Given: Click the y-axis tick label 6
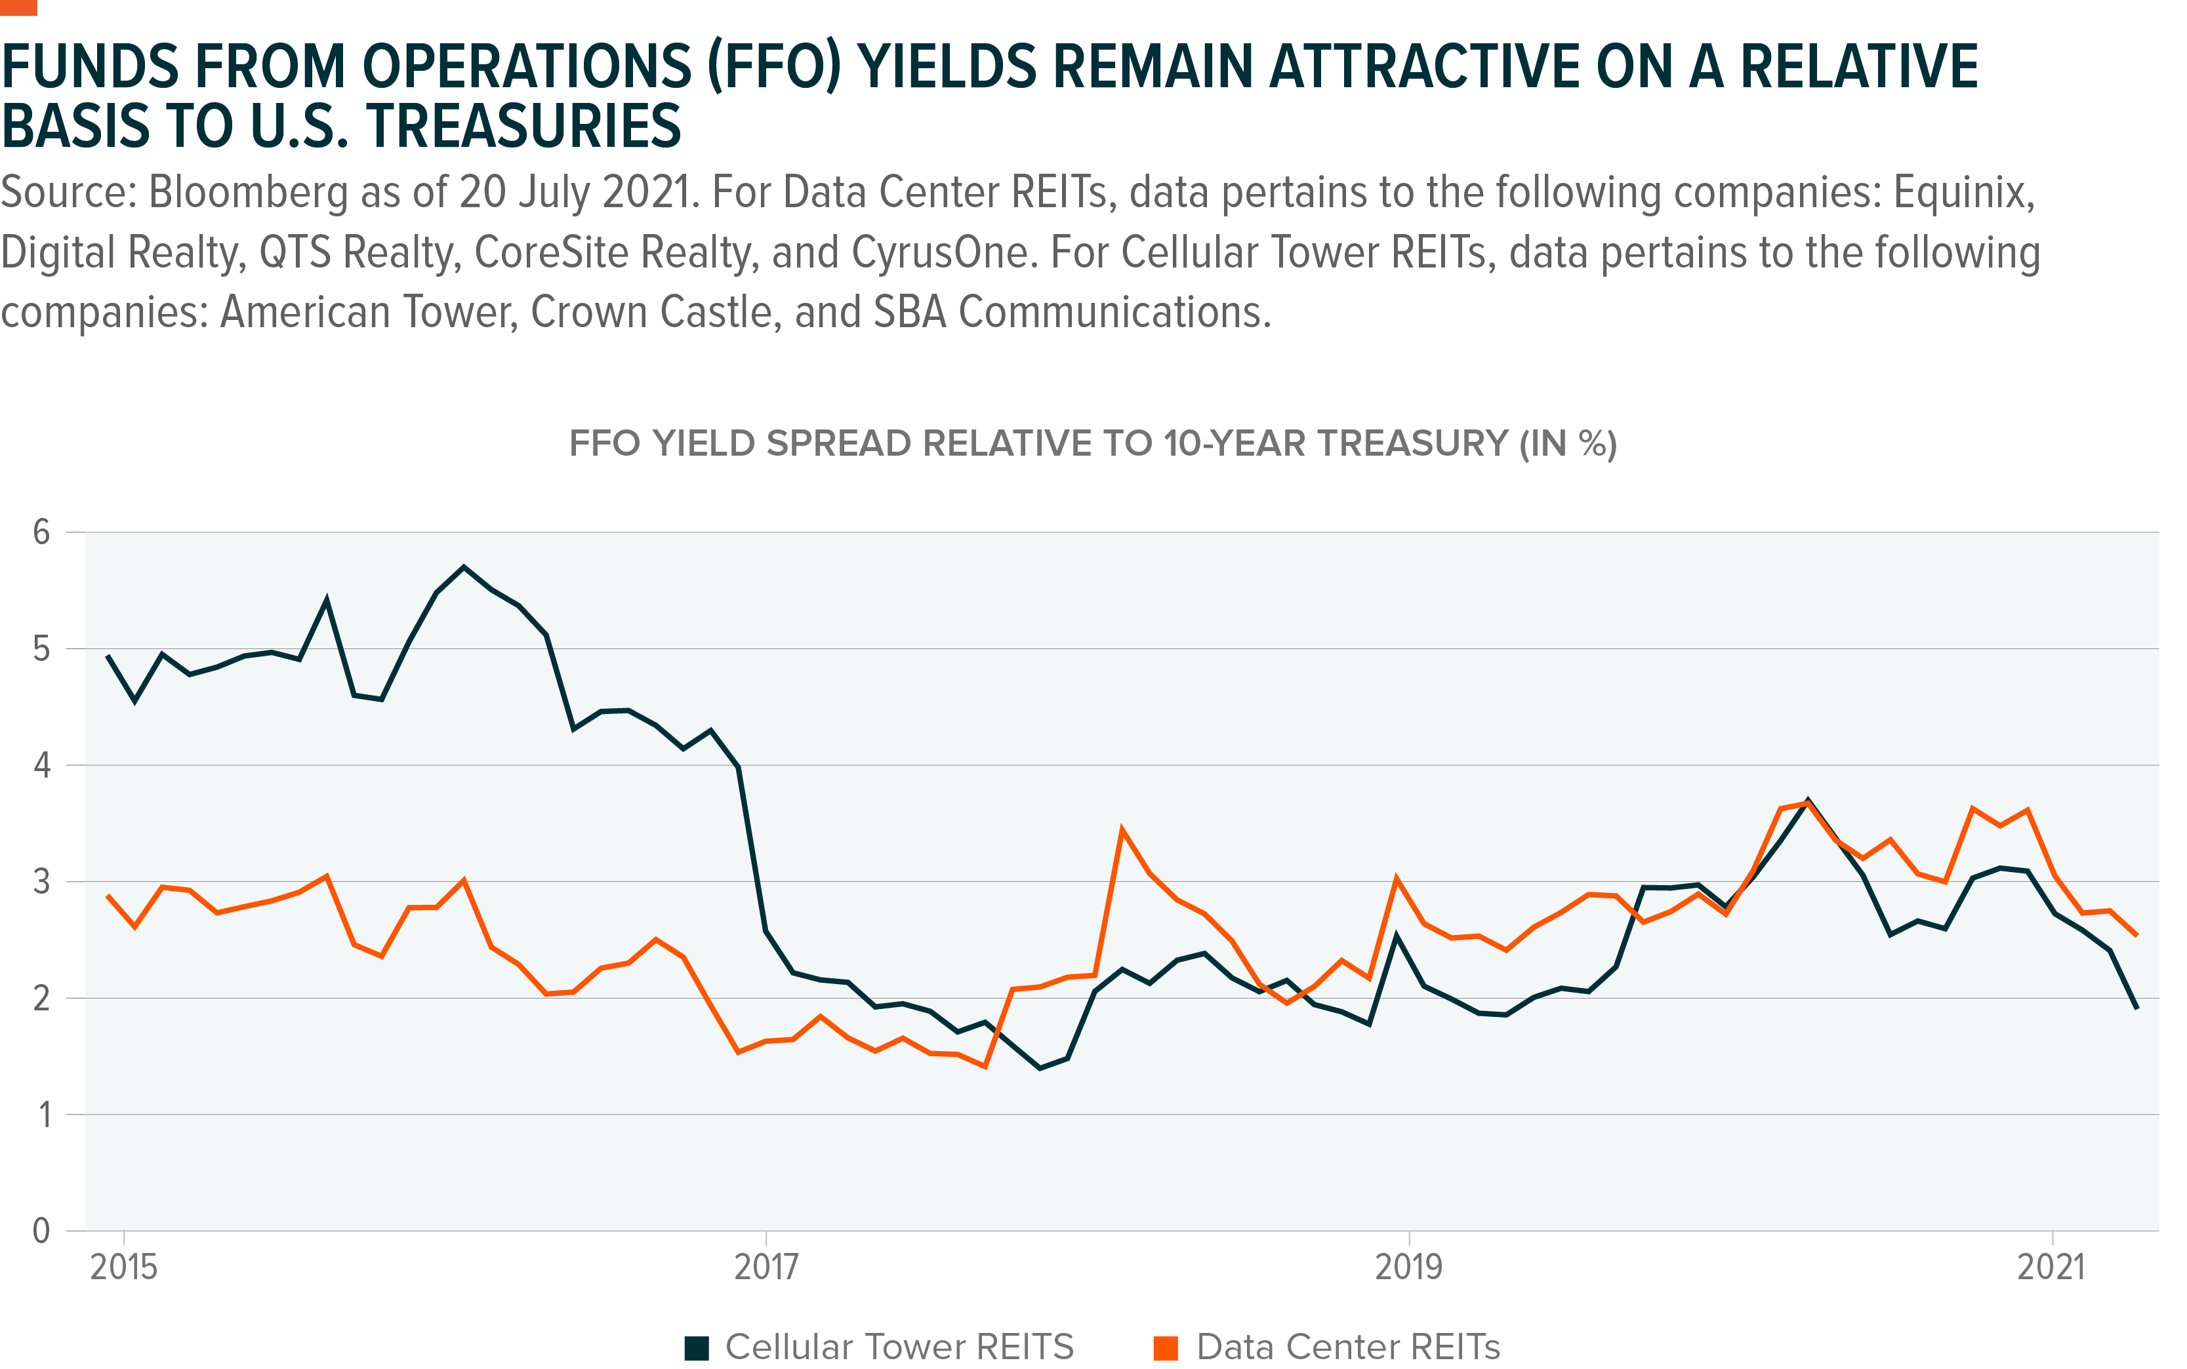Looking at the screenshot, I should coord(41,532).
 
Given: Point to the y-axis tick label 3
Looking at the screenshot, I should coord(41,882).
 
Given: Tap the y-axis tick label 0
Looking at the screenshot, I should coord(41,1231).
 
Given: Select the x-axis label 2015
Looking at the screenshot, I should coord(123,1267).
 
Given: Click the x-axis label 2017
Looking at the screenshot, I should coord(766,1267).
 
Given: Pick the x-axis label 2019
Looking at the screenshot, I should coord(1408,1267).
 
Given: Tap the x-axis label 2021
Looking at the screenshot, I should coord(2051,1267).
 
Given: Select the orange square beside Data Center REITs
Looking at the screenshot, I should coord(1166,1347).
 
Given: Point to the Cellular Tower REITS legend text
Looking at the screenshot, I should coord(899,1347).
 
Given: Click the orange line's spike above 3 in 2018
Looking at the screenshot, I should coord(1122,829).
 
